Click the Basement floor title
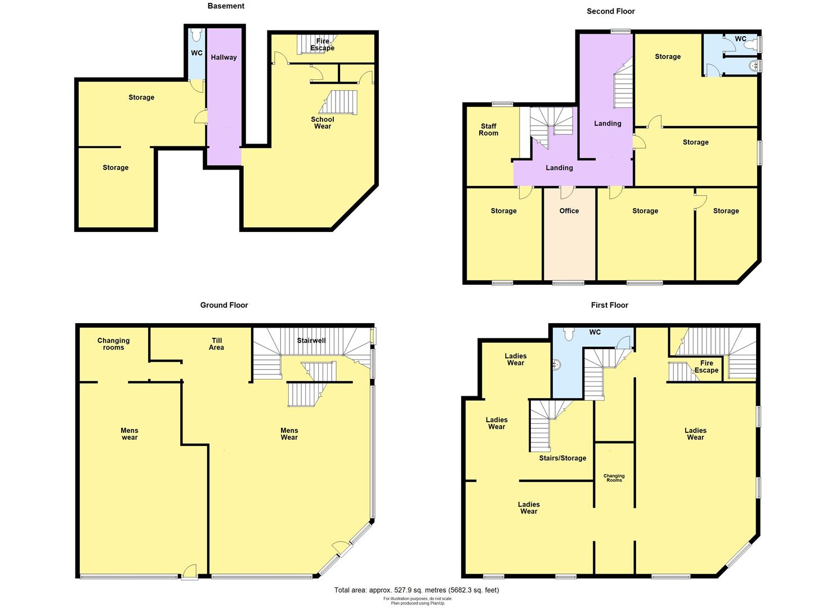click(x=226, y=6)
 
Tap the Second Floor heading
click(x=610, y=11)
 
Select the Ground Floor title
click(x=224, y=305)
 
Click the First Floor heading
click(x=609, y=305)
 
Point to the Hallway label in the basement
click(x=223, y=57)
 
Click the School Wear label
click(x=323, y=123)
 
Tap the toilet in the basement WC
click(x=196, y=35)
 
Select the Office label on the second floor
click(x=569, y=211)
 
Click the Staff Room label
click(x=489, y=129)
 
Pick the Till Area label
click(x=217, y=344)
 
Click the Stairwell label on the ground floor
click(x=311, y=341)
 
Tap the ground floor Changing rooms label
click(x=113, y=344)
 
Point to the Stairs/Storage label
click(x=562, y=458)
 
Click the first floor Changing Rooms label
click(x=614, y=478)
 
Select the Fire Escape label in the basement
click(x=323, y=44)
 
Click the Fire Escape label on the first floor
click(x=707, y=367)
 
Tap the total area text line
click(x=417, y=590)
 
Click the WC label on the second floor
click(x=740, y=39)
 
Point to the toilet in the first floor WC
click(x=569, y=334)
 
